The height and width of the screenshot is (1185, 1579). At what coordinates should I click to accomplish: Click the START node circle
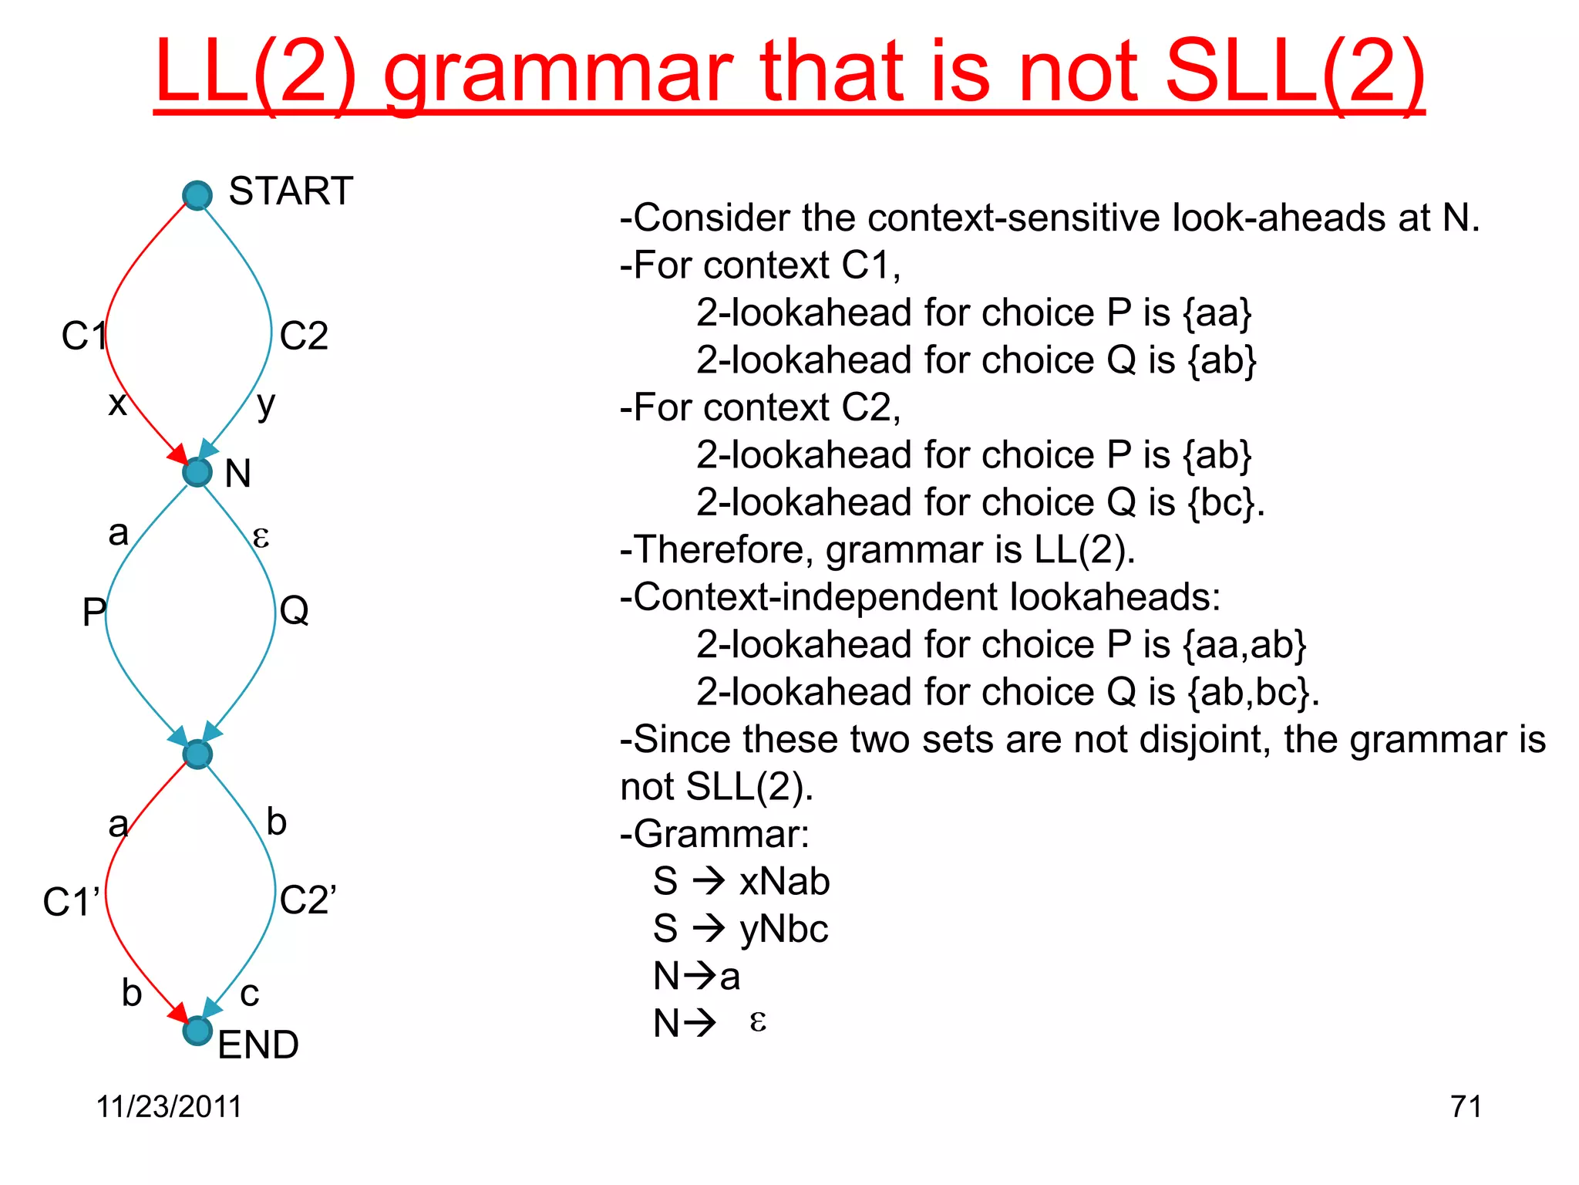pyautogui.click(x=197, y=195)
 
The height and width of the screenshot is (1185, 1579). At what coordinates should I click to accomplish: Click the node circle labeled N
pyautogui.click(x=197, y=472)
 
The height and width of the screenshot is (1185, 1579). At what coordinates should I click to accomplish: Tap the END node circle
pyautogui.click(x=197, y=1031)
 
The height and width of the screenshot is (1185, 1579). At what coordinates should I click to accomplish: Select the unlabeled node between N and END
pyautogui.click(x=197, y=754)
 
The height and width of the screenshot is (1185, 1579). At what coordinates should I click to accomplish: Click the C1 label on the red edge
pyautogui.click(x=82, y=336)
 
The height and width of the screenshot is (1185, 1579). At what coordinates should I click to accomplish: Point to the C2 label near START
pyautogui.click(x=304, y=336)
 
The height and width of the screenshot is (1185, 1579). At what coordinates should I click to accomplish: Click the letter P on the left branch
pyautogui.click(x=93, y=613)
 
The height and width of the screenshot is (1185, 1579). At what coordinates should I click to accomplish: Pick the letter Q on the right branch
pyautogui.click(x=294, y=611)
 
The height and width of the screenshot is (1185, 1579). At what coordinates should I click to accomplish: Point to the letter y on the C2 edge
pyautogui.click(x=265, y=403)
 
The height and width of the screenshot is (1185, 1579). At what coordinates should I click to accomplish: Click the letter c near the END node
pyautogui.click(x=249, y=994)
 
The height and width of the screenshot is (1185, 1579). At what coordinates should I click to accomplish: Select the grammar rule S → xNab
pyautogui.click(x=741, y=881)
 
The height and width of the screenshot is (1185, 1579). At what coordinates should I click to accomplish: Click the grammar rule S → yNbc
pyautogui.click(x=740, y=929)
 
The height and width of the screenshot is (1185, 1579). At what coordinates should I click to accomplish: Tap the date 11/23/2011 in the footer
pyautogui.click(x=169, y=1106)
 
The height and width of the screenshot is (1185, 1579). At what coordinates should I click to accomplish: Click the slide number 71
pyautogui.click(x=1466, y=1106)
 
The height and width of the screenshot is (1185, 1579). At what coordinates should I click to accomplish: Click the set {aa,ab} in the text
pyautogui.click(x=1244, y=645)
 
